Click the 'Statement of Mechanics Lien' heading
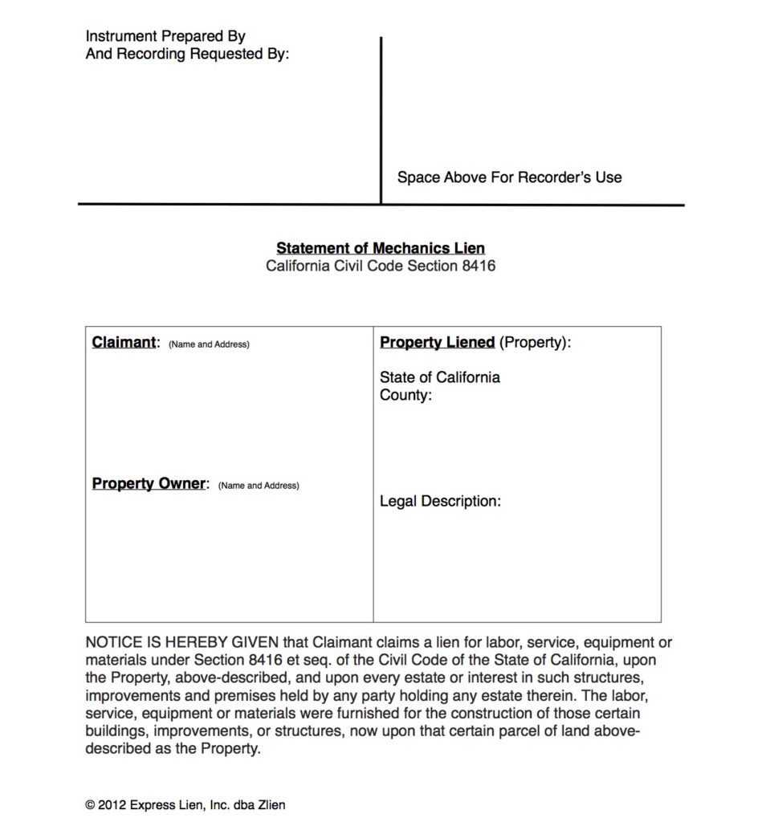click(381, 248)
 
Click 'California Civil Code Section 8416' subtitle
click(381, 266)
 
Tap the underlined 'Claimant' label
click(124, 343)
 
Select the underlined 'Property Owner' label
click(149, 484)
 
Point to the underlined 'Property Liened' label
click(437, 343)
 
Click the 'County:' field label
click(405, 395)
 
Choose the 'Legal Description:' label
click(440, 502)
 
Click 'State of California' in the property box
click(439, 377)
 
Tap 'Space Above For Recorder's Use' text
click(509, 177)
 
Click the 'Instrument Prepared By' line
click(165, 36)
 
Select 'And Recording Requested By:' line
click(187, 55)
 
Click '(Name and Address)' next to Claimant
click(209, 344)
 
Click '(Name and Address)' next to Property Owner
click(259, 486)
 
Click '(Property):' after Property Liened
click(535, 343)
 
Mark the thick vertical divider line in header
click(381, 120)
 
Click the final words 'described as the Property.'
click(173, 749)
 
